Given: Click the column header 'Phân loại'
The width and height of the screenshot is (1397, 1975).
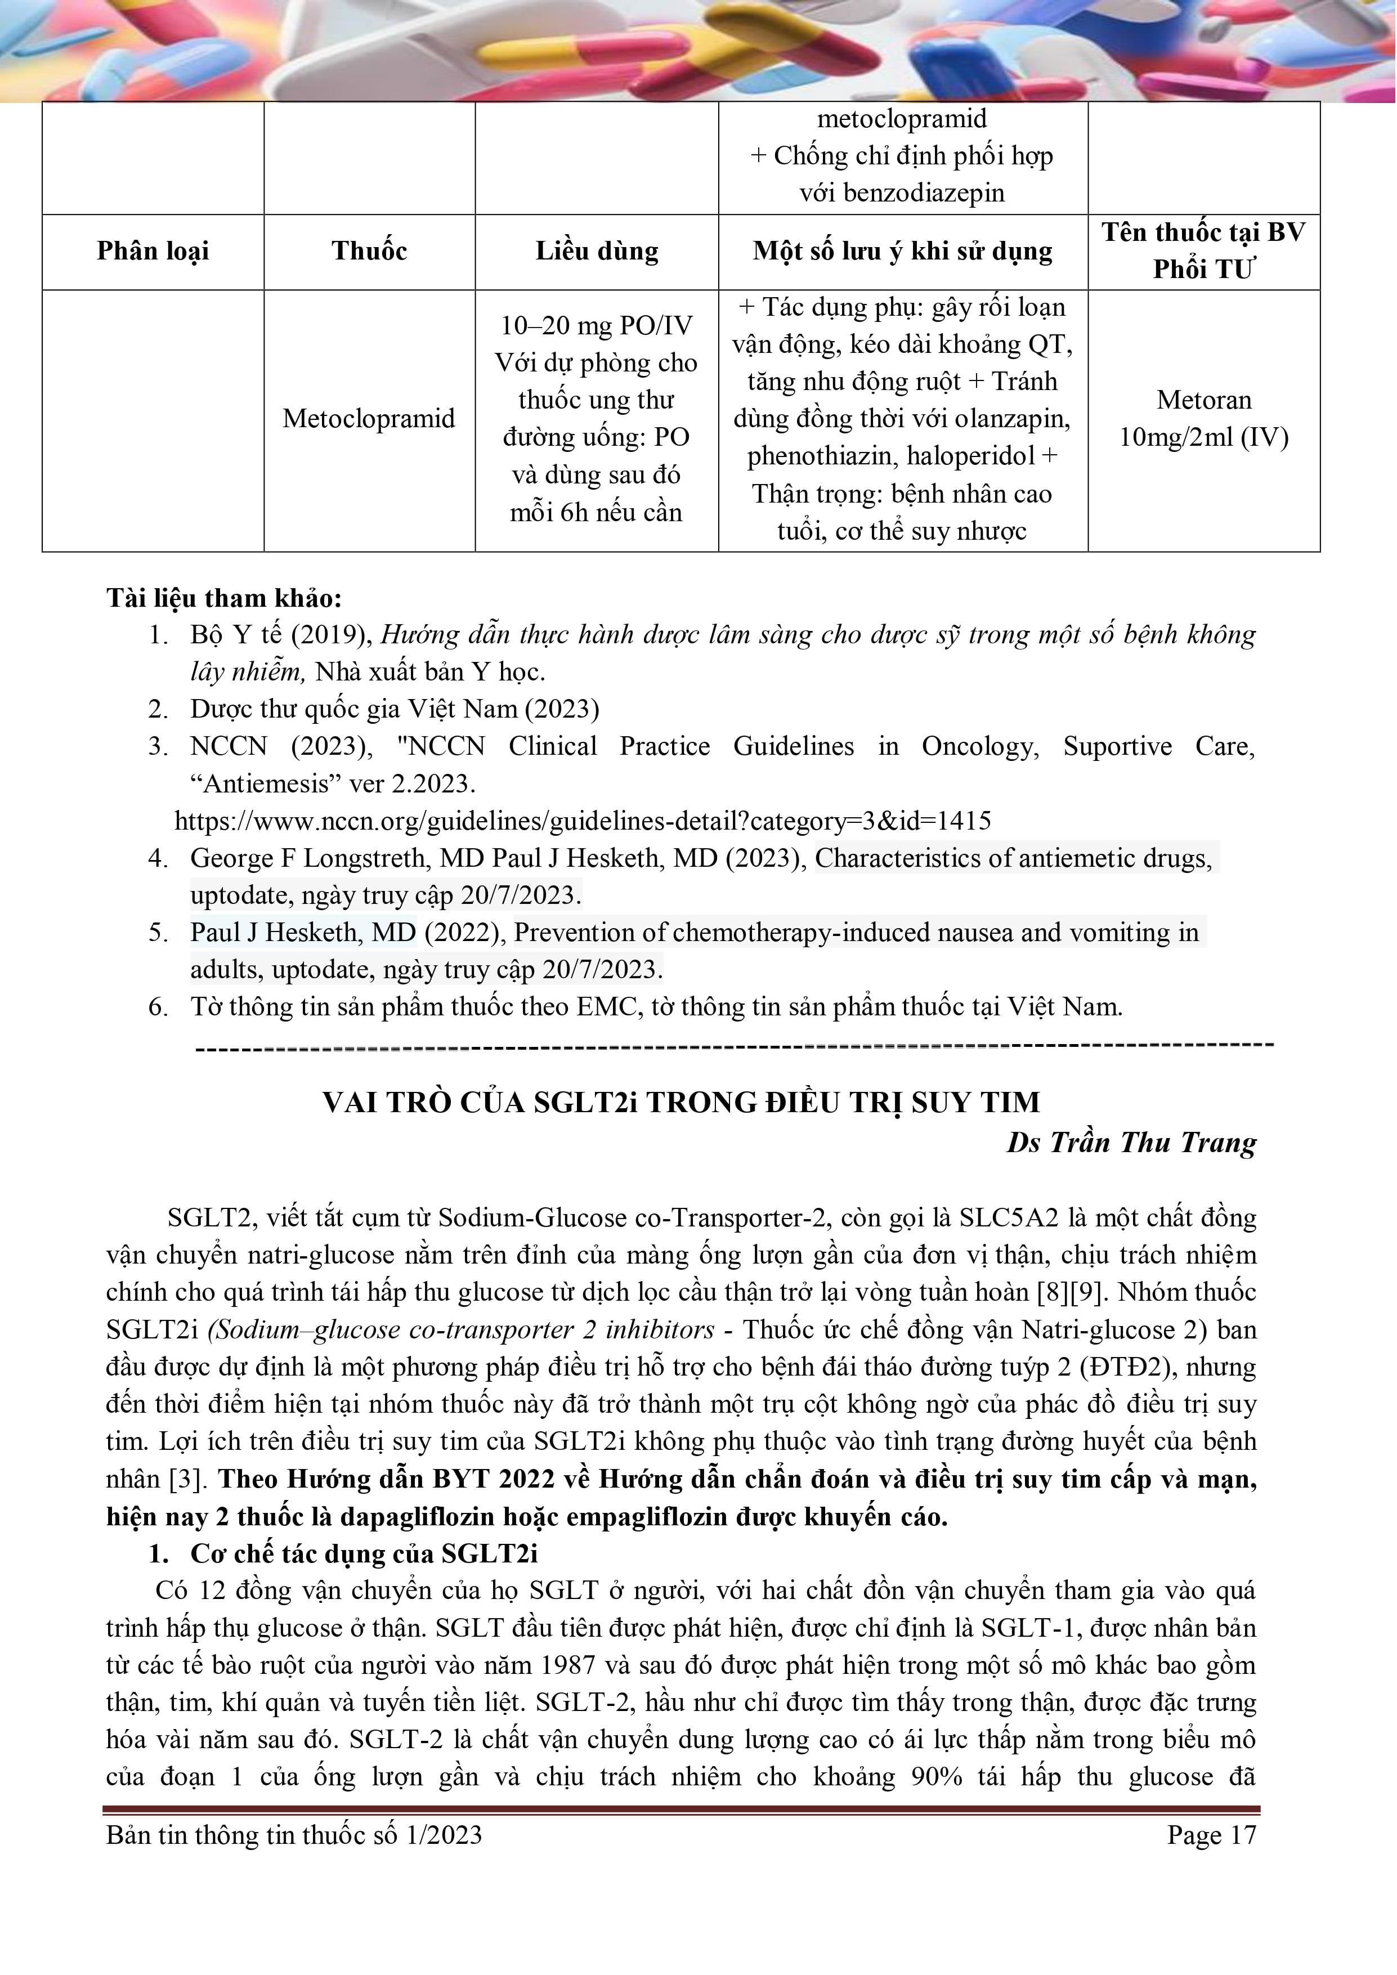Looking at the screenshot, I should tap(153, 251).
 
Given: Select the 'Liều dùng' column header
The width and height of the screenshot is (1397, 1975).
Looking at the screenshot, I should tap(597, 251).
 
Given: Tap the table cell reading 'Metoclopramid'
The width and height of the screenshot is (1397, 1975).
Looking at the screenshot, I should tap(369, 419).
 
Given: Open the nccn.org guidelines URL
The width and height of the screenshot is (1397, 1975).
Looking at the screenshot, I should tap(583, 821).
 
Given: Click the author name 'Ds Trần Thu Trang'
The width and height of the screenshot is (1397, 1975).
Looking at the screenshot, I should tap(1131, 1143).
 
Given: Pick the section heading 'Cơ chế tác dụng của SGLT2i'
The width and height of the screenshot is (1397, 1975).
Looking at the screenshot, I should tap(364, 1553).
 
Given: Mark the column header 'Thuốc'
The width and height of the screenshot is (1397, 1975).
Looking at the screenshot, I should tap(369, 251).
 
